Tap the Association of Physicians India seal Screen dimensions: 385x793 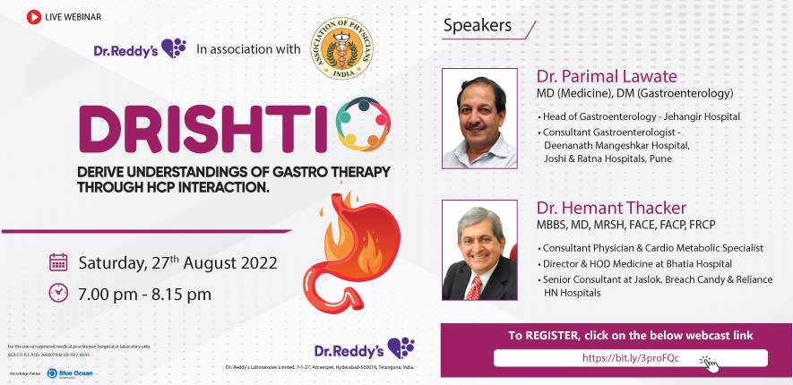tap(340, 50)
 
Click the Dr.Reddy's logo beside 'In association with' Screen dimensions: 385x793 tap(140, 49)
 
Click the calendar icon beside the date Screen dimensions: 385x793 tap(58, 262)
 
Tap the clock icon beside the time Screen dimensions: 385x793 tap(58, 292)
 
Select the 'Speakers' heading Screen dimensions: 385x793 tap(477, 25)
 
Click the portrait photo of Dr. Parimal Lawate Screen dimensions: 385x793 tap(478, 118)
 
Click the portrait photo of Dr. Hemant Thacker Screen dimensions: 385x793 tap(478, 250)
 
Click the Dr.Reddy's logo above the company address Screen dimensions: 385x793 tap(364, 347)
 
